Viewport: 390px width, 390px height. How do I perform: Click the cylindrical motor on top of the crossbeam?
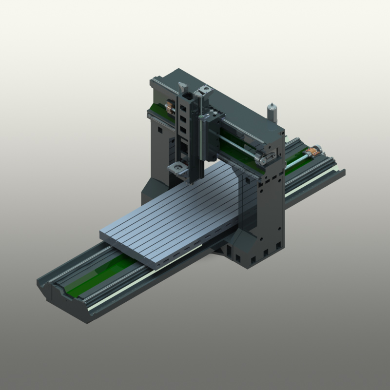pos(272,112)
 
